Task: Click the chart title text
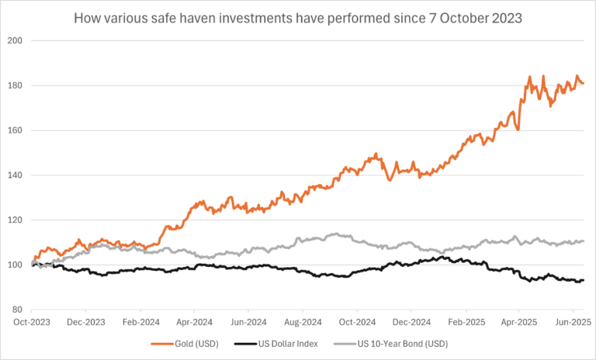298,16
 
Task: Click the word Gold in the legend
204,343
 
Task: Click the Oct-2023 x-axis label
33,320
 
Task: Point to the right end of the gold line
584,84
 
